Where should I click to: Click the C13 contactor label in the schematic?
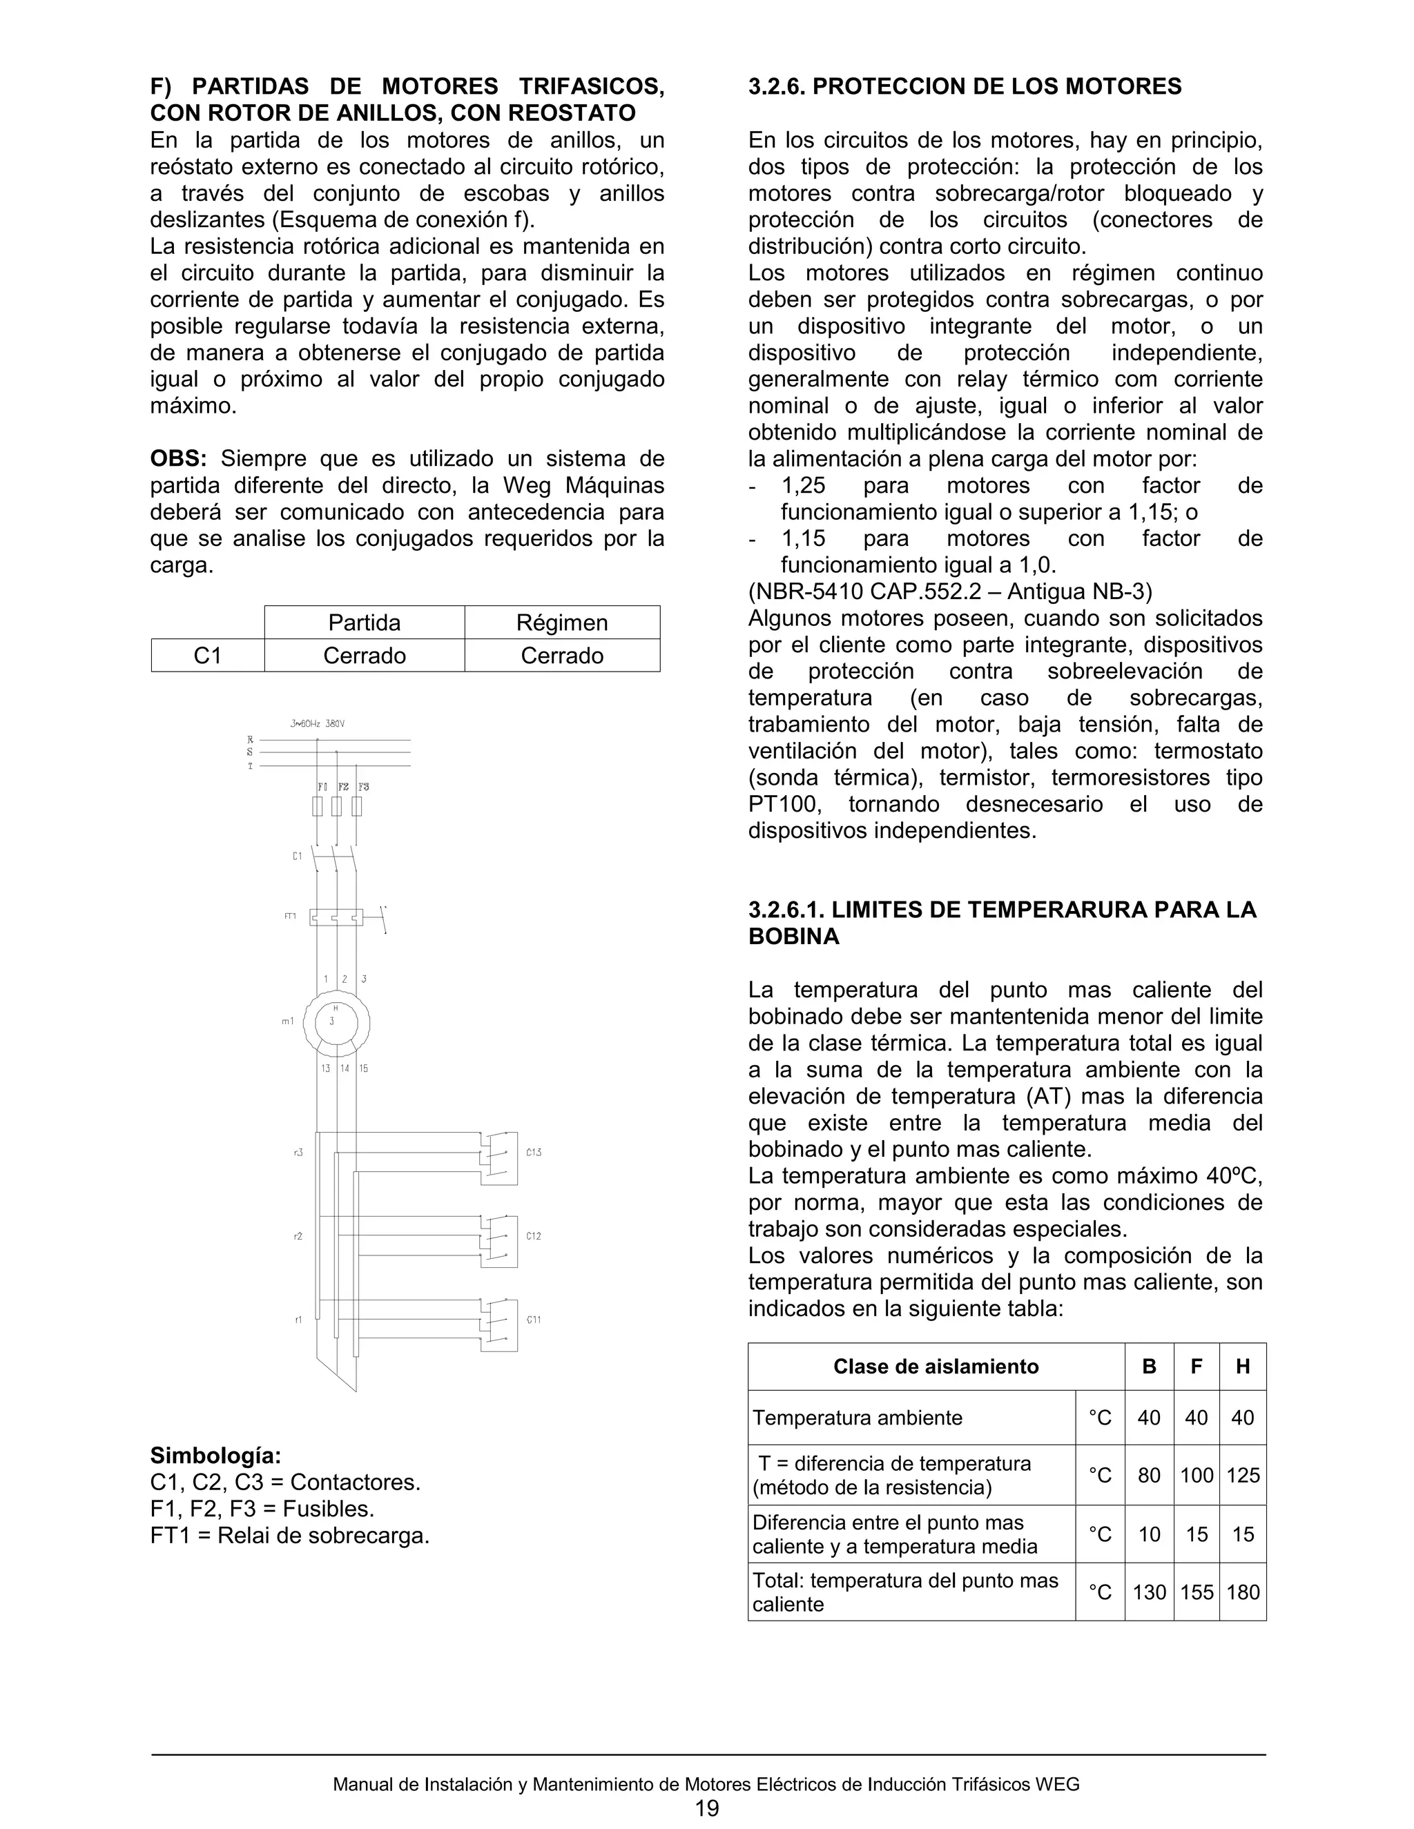(x=534, y=1153)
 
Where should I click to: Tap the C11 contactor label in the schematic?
(x=534, y=1320)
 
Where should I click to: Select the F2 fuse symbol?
(x=337, y=806)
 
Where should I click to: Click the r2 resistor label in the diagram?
(x=298, y=1236)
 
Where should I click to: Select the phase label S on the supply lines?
(x=250, y=752)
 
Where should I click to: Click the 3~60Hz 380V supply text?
(x=317, y=723)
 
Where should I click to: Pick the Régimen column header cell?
(x=561, y=623)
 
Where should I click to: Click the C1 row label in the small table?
(x=208, y=656)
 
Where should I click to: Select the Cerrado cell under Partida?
(x=365, y=656)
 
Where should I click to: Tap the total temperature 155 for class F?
(x=1197, y=1592)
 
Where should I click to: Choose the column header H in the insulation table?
(x=1242, y=1367)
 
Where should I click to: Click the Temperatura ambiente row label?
(x=858, y=1418)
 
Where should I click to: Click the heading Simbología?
(x=215, y=1455)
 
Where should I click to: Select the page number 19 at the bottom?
(x=706, y=1808)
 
